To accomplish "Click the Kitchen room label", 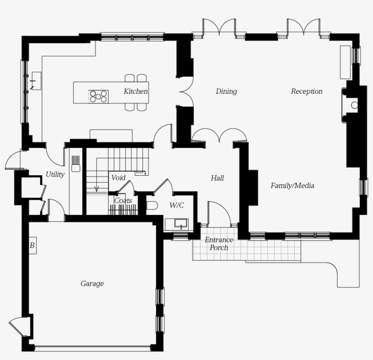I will [x=136, y=91].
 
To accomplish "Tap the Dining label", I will [x=226, y=91].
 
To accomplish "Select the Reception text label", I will [x=307, y=91].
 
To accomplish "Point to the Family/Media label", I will [x=292, y=186].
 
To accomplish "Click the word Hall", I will [x=217, y=178].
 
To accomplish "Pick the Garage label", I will [x=92, y=284].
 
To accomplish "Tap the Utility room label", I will [x=55, y=174].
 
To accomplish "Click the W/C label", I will [x=176, y=205].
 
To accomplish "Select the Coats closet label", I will [x=123, y=201].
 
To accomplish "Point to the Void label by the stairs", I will [x=118, y=177].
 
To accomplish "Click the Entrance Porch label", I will [x=219, y=243].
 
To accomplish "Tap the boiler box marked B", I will [x=32, y=246].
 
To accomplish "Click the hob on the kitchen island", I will [x=98, y=96].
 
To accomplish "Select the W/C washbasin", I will [x=176, y=224].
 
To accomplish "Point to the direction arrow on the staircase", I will [x=96, y=188].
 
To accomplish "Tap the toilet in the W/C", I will [x=152, y=205].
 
